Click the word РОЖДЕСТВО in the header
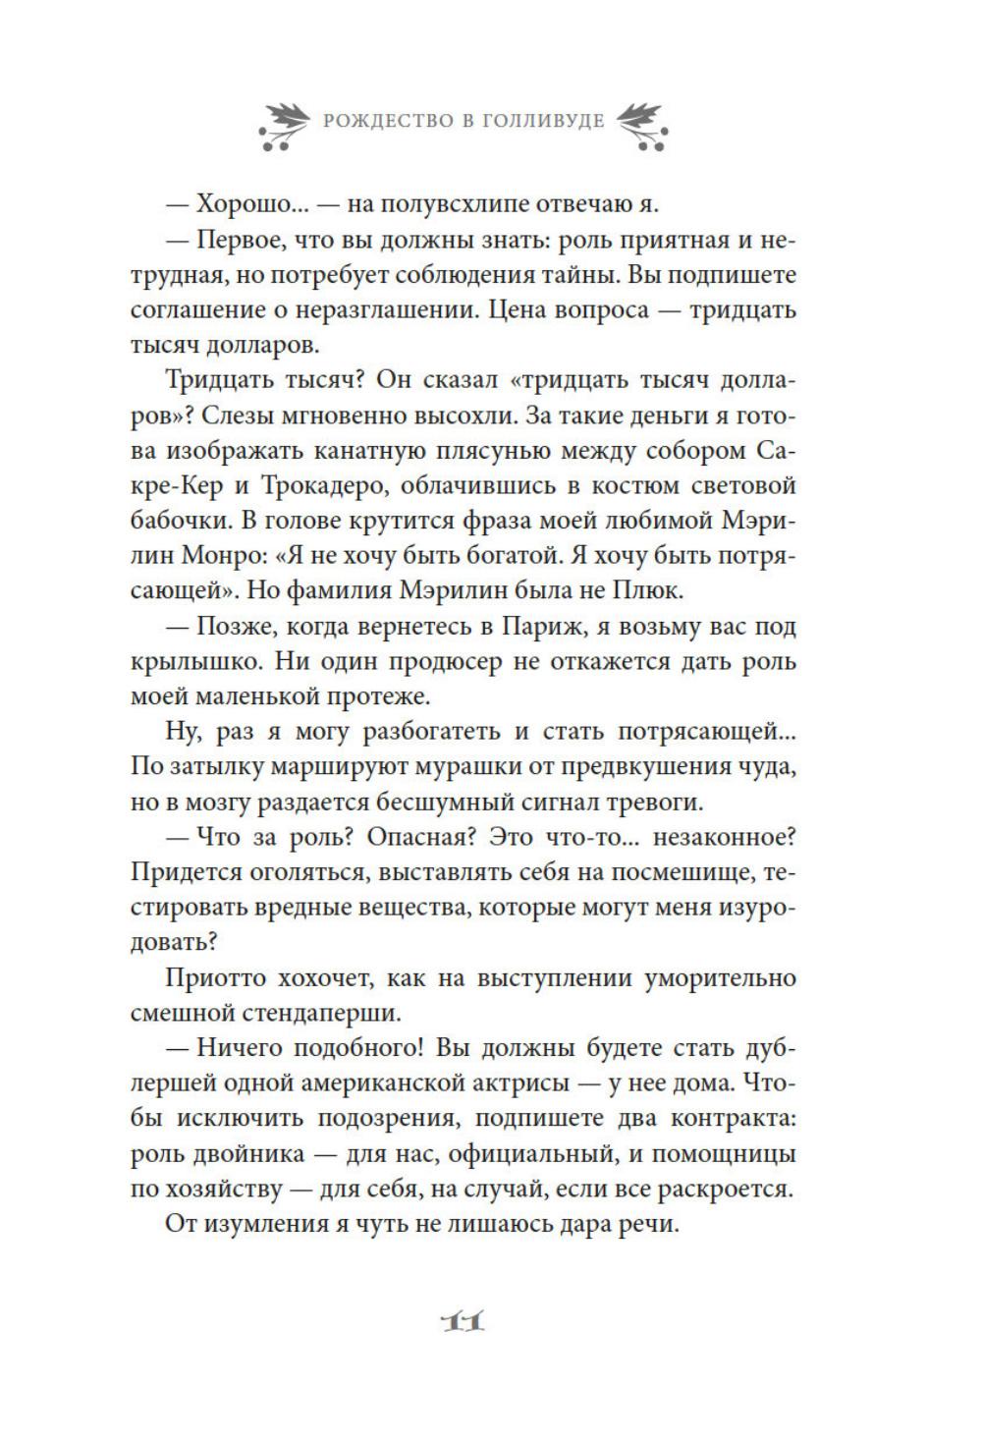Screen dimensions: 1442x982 click(377, 122)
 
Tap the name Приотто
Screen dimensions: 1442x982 click(215, 978)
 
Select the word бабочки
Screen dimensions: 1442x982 click(181, 521)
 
